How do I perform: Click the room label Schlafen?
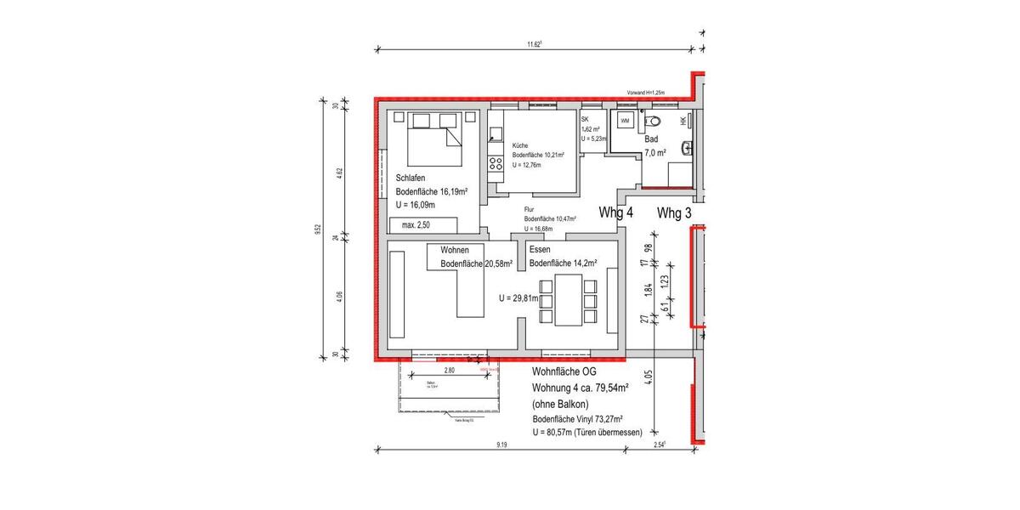[x=411, y=178]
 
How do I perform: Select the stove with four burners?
[x=496, y=163]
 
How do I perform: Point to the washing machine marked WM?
[x=625, y=122]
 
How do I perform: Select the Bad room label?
[x=651, y=139]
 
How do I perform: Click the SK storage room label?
[x=585, y=120]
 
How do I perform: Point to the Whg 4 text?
[x=616, y=213]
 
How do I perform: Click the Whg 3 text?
[x=675, y=213]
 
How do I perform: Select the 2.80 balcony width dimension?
[x=450, y=371]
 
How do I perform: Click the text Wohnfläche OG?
[x=565, y=372]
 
